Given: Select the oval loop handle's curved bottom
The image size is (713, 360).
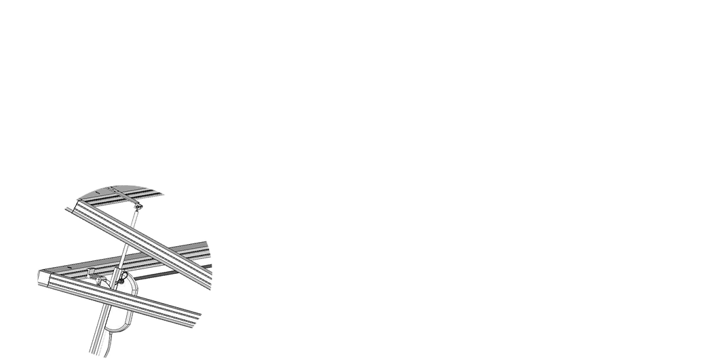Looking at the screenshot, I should (117, 329).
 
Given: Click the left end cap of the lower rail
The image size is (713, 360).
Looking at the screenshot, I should (44, 279).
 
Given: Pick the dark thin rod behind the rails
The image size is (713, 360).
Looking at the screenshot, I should (170, 275).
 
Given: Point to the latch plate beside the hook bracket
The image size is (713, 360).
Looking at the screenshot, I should (100, 280).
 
